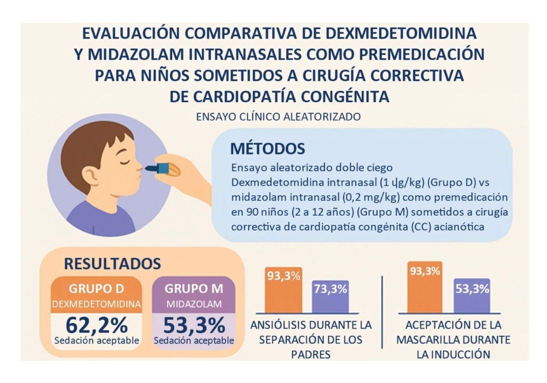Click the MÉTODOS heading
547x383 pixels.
click(x=267, y=149)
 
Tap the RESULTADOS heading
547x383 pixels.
click(x=112, y=264)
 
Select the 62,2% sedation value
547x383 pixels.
click(x=96, y=325)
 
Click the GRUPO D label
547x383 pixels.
click(x=96, y=288)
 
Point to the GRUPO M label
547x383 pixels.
click(x=194, y=288)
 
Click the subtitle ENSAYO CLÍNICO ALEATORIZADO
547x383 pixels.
click(x=278, y=117)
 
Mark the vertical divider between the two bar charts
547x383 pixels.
click(x=382, y=311)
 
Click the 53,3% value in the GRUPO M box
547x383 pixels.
click(x=194, y=325)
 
